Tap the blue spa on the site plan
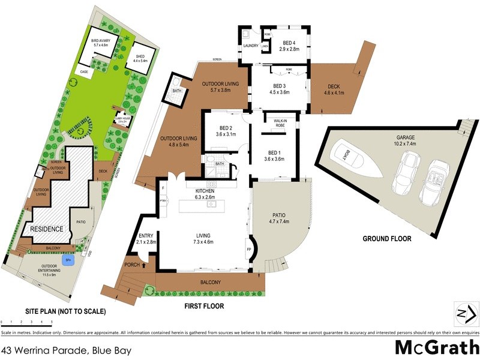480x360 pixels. (x=68, y=260)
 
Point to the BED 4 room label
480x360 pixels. (x=289, y=46)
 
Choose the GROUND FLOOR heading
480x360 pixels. (x=386, y=239)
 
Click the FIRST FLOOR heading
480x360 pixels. (x=203, y=306)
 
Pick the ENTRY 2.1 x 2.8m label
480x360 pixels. (x=146, y=239)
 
